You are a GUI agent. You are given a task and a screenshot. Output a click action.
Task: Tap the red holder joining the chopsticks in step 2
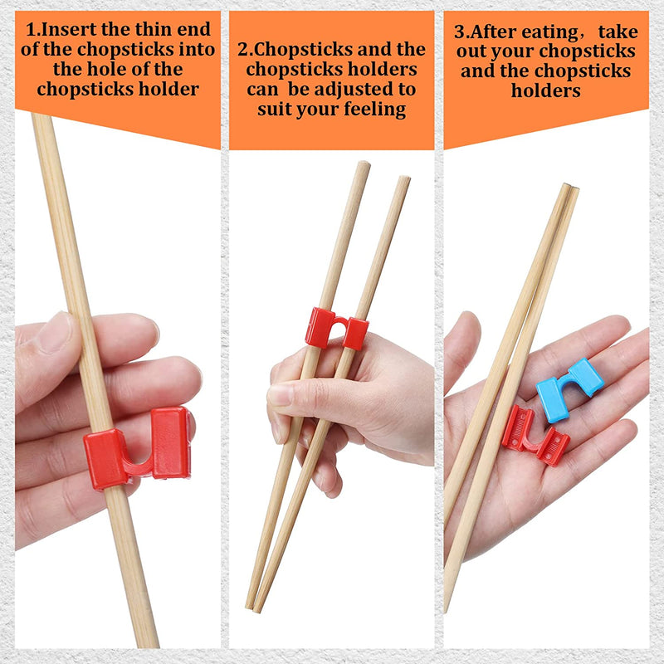(335, 329)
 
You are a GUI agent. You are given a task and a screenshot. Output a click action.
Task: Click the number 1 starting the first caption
(32, 30)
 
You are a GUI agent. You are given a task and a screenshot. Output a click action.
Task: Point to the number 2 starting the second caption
(244, 49)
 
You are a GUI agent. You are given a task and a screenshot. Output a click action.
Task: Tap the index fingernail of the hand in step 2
(280, 394)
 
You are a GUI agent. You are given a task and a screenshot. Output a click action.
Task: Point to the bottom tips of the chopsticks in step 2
(253, 604)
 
